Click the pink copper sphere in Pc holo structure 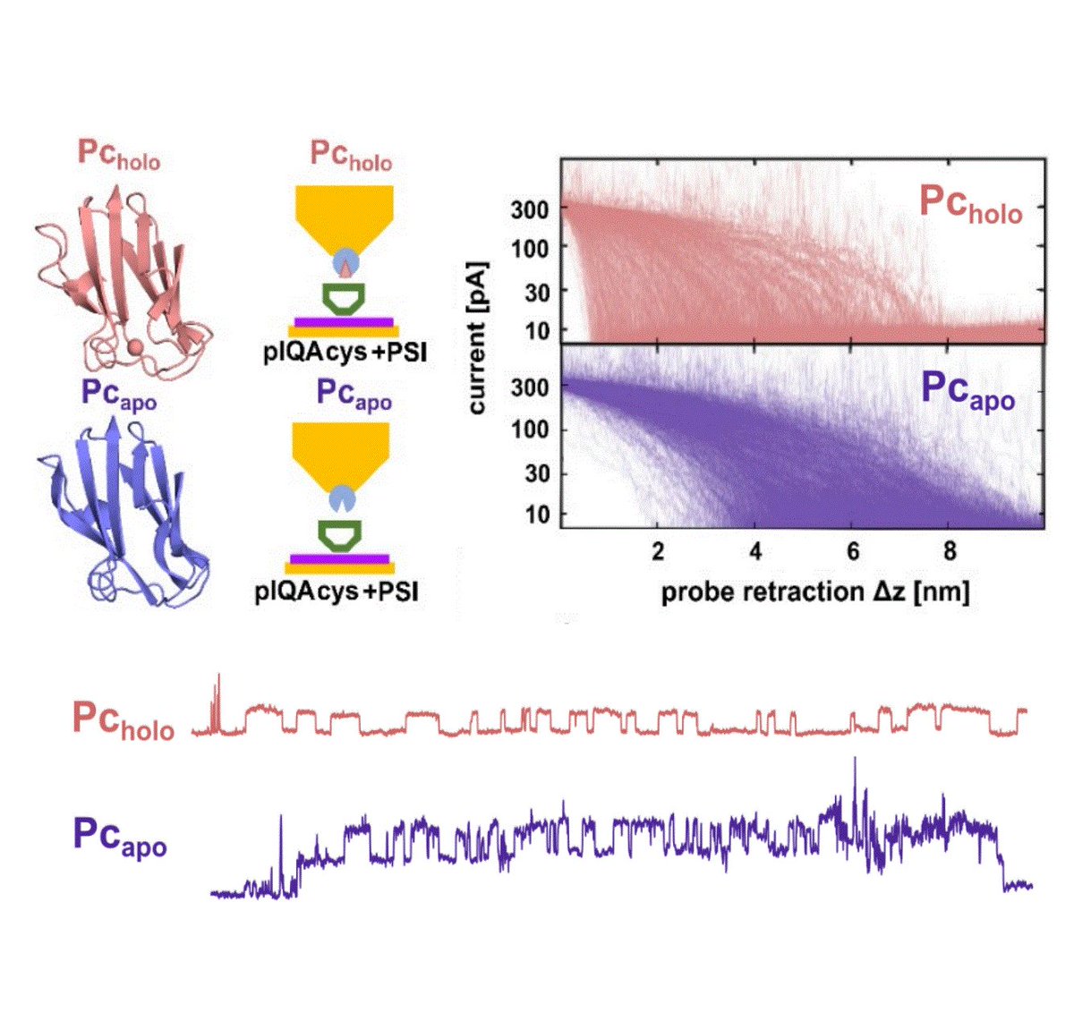click(134, 345)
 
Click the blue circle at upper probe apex click(345, 262)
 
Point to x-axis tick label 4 click(755, 550)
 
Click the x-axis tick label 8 click(950, 550)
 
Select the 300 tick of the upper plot click(529, 209)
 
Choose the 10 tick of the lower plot click(536, 515)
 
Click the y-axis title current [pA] click(477, 337)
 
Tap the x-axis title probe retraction click(814, 591)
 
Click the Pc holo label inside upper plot click(971, 203)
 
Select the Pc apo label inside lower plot click(969, 392)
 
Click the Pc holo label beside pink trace click(124, 719)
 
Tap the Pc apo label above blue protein click(118, 395)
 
